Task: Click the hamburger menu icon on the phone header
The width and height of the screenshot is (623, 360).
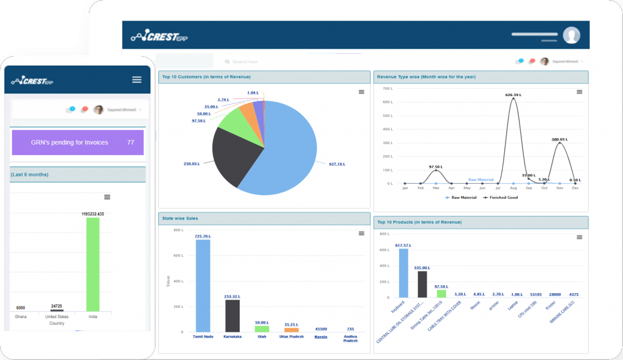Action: click(136, 80)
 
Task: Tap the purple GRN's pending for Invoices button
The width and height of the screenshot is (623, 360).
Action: click(77, 142)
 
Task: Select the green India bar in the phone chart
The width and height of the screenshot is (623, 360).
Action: click(92, 265)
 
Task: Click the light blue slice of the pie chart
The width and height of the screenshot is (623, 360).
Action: click(286, 146)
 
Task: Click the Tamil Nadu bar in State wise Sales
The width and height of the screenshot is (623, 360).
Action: click(203, 285)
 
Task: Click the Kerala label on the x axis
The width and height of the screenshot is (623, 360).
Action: click(321, 336)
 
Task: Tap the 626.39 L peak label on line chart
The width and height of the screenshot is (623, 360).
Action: click(514, 94)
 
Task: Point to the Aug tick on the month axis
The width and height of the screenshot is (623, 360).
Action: click(513, 189)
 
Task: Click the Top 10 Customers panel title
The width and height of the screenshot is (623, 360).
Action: click(205, 77)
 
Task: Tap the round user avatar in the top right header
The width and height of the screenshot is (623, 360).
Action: click(571, 35)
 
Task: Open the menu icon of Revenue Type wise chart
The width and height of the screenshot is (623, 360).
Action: click(579, 92)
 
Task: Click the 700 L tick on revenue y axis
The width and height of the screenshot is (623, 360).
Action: click(386, 89)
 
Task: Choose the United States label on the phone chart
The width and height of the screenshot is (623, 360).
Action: click(57, 317)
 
